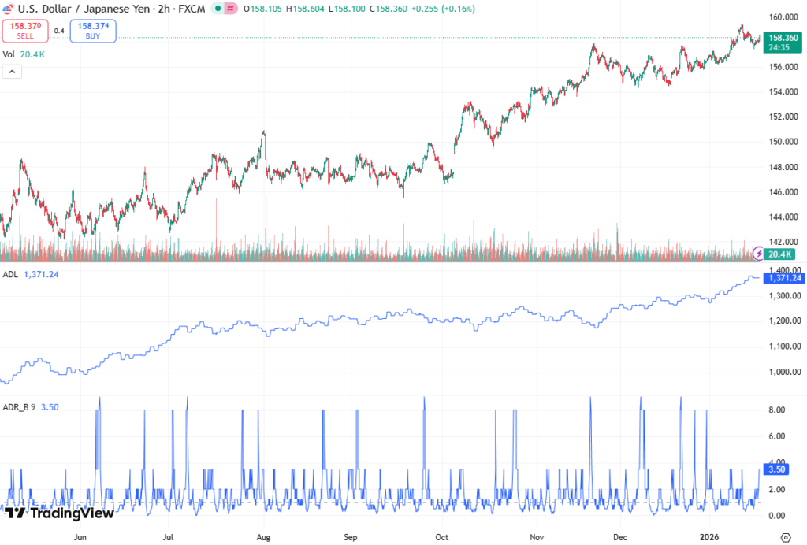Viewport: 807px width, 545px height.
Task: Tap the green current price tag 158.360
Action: click(783, 38)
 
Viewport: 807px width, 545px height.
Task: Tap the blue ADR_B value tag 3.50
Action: click(776, 469)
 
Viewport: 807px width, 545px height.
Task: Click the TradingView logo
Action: click(59, 513)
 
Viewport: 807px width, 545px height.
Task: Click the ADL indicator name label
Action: click(9, 274)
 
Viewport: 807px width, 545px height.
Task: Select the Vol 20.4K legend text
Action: click(23, 54)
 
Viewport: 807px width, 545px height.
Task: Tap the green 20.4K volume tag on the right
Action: click(782, 254)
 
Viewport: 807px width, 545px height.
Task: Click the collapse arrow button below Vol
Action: click(12, 72)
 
